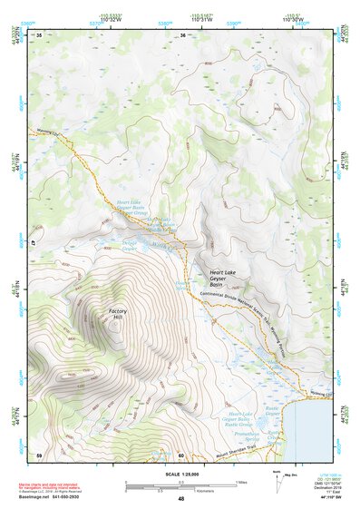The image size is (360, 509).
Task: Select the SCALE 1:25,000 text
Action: click(x=180, y=474)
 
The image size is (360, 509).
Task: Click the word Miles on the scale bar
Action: click(x=241, y=481)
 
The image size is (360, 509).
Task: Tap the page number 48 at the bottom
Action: click(x=180, y=499)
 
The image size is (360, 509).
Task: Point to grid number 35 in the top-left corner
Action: click(x=39, y=35)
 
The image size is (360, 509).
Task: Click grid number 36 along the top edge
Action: click(x=182, y=35)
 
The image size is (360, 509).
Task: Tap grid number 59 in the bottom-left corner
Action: click(x=39, y=455)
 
